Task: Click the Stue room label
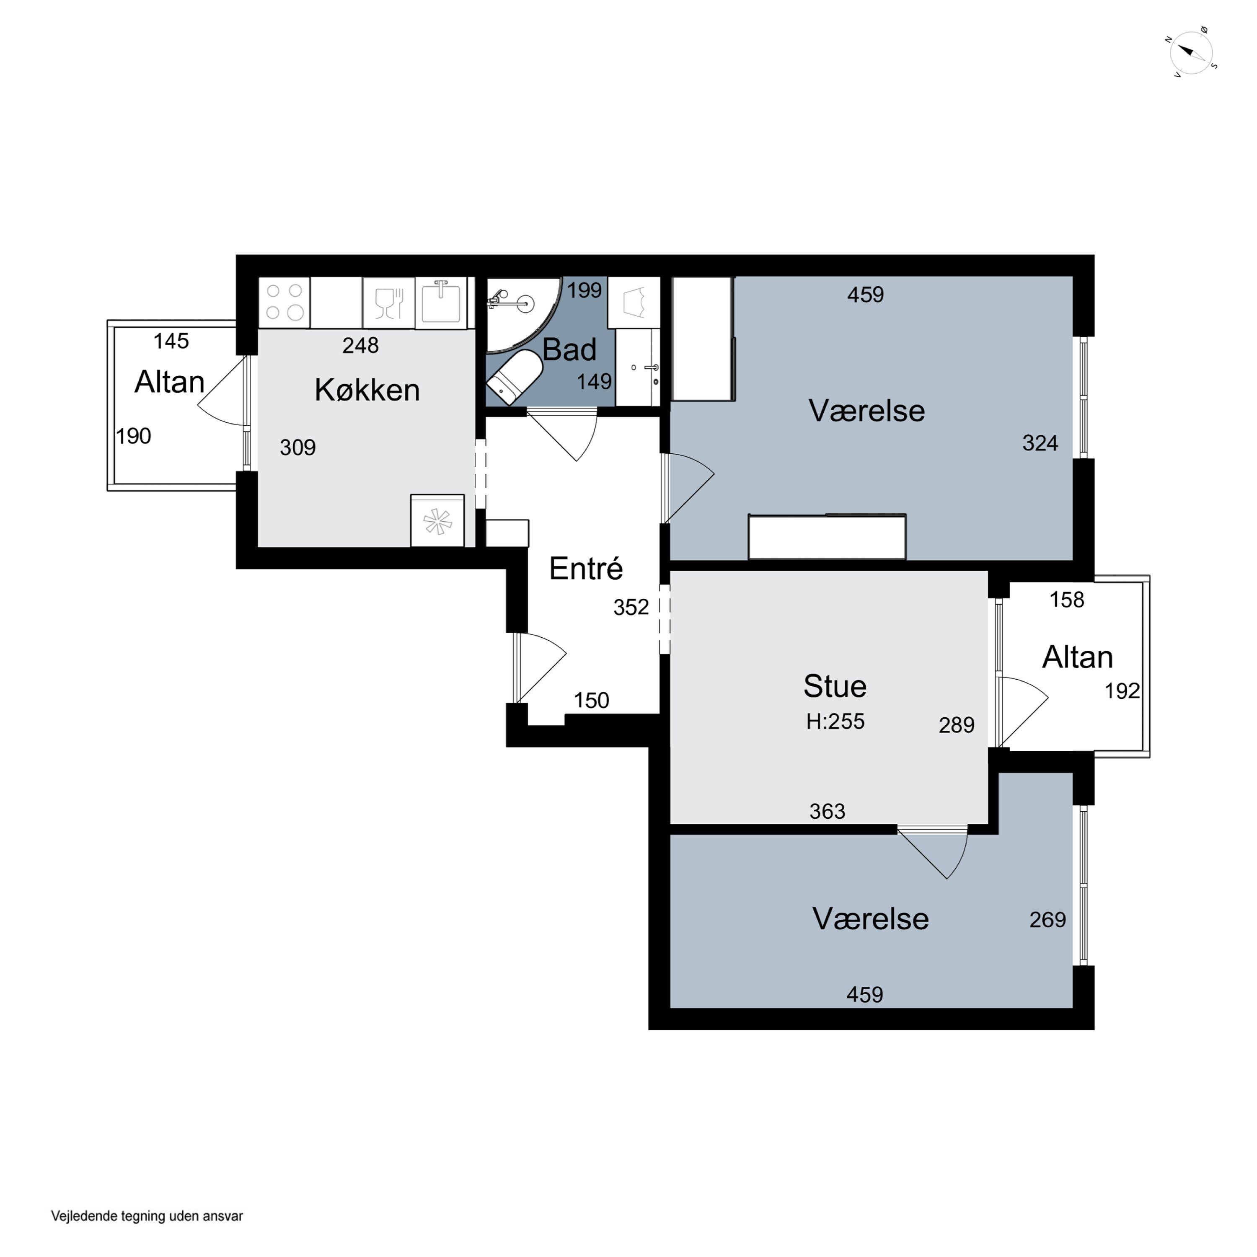pos(835,686)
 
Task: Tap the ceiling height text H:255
pos(835,722)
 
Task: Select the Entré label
pos(586,568)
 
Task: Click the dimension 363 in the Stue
pos(827,811)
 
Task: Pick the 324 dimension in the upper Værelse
pos(1040,443)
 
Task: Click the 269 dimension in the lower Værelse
pos(1047,919)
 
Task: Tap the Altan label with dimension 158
pos(1077,657)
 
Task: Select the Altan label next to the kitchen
pos(169,382)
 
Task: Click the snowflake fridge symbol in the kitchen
pos(437,520)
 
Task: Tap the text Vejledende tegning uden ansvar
pos(147,1216)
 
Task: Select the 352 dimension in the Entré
pos(631,607)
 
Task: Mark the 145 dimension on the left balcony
pos(171,341)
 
